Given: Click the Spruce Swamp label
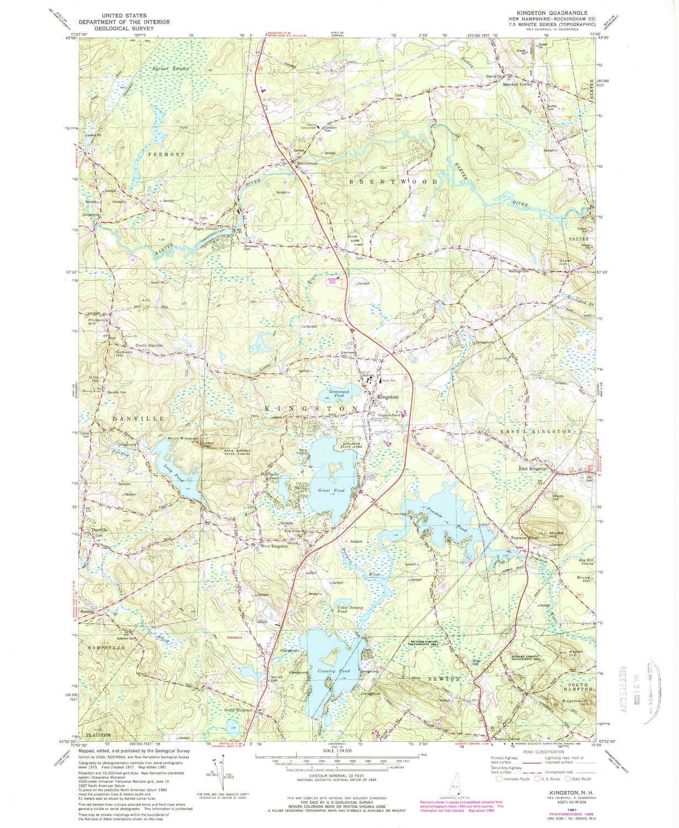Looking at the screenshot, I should click(x=169, y=68).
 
